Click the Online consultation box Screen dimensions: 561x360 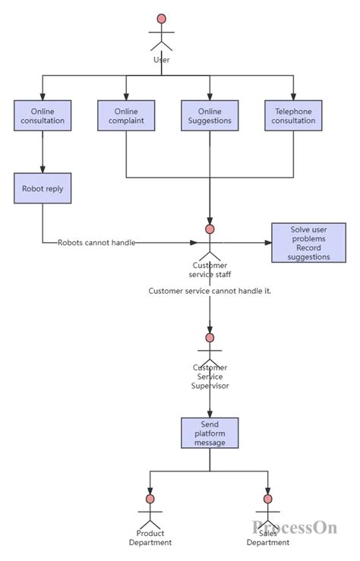43,116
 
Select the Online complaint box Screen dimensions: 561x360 126,116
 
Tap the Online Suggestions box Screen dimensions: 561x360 210,116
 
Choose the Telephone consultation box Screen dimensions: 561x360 293,116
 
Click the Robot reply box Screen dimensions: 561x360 43,188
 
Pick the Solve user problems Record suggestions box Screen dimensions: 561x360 308,243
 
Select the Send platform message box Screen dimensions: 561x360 210,433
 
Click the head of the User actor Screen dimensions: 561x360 161,18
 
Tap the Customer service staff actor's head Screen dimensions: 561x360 210,228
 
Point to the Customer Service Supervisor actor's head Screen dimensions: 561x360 210,337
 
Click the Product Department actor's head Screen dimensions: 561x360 150,499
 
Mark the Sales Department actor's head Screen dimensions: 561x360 267,499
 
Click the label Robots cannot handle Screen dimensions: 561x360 96,243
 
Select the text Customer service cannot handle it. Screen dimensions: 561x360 210,291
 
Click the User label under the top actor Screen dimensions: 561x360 161,59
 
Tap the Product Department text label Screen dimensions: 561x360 150,537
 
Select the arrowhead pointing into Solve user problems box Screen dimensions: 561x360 267,243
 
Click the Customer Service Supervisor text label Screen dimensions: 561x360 210,377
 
